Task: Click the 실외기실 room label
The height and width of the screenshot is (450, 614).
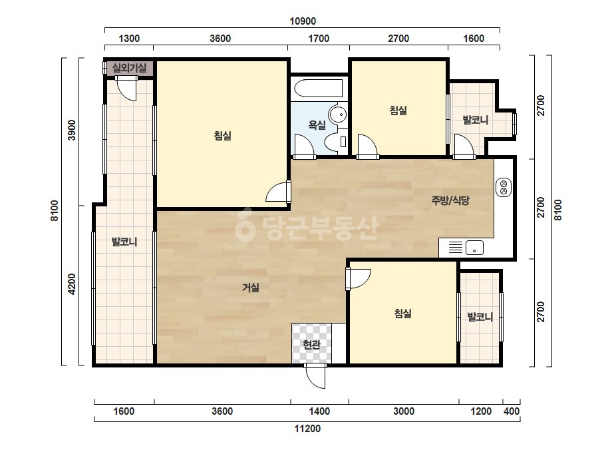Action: click(x=129, y=68)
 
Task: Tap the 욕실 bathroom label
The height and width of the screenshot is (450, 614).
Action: click(x=317, y=125)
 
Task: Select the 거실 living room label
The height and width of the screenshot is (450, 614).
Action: click(x=251, y=288)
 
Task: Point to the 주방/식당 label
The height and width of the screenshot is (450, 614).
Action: click(x=450, y=200)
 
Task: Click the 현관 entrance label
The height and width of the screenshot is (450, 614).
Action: click(x=312, y=345)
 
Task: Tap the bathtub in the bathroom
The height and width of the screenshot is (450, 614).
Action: click(x=319, y=88)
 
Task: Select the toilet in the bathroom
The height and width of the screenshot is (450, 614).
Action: click(x=337, y=141)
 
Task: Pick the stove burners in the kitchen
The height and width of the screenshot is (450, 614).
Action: click(x=504, y=187)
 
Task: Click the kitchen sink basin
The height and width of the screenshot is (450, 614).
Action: click(x=474, y=248)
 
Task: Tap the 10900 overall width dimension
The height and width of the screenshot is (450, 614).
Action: click(x=303, y=21)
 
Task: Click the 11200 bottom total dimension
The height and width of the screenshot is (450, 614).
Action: click(x=307, y=429)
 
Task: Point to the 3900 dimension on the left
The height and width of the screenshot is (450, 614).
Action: click(x=72, y=130)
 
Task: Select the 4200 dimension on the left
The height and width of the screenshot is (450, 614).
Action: click(x=72, y=285)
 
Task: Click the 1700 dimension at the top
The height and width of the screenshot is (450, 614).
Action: click(x=319, y=39)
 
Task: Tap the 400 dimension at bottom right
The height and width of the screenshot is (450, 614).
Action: click(x=512, y=411)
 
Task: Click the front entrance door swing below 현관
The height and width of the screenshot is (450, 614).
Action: click(x=315, y=376)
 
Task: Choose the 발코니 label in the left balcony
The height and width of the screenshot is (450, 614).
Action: click(x=124, y=242)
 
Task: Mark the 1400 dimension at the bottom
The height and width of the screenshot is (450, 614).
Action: click(x=319, y=411)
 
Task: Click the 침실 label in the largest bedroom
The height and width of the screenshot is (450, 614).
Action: click(x=222, y=136)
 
